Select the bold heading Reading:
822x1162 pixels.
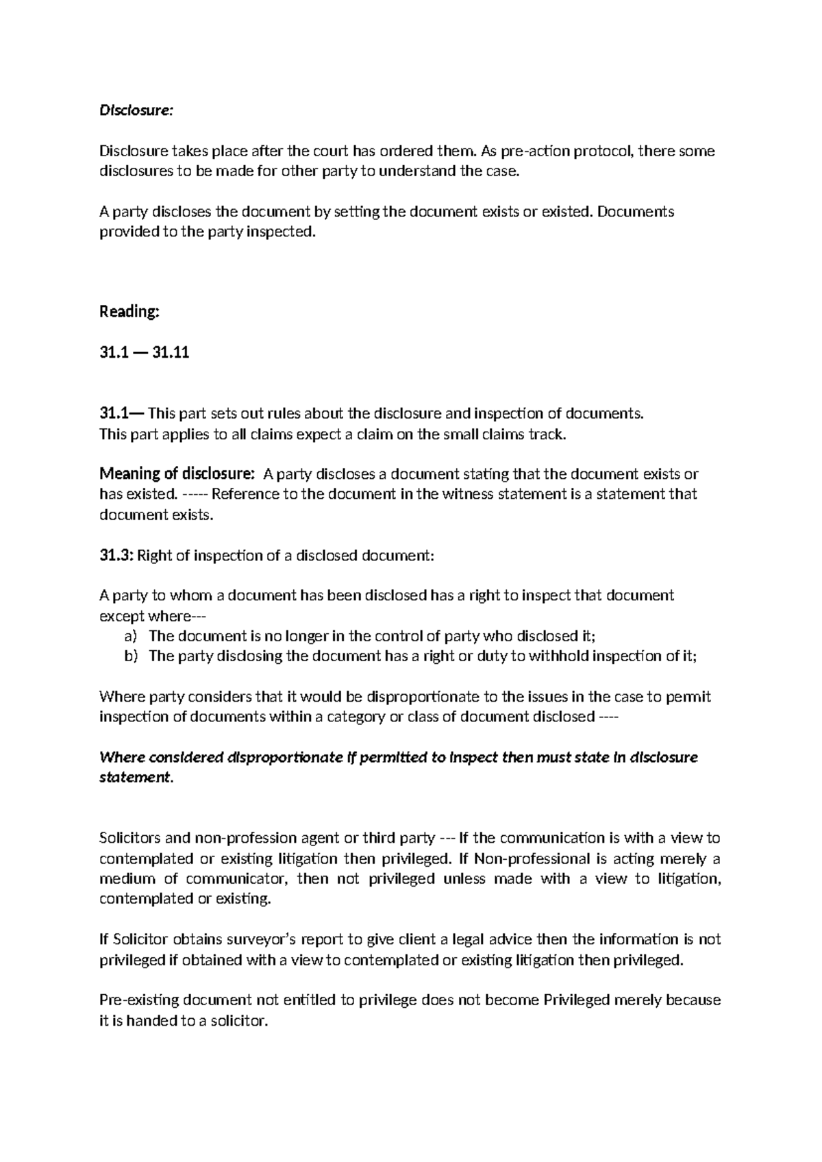point(129,312)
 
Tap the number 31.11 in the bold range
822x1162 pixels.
point(171,353)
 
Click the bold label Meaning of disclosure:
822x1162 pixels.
point(177,474)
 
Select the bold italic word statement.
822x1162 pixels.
point(136,778)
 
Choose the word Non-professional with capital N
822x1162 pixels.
point(532,858)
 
